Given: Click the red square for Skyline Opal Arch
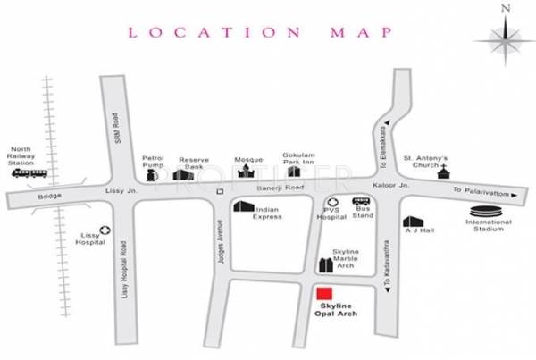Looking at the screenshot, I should (325, 294).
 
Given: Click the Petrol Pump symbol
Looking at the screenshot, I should (151, 174).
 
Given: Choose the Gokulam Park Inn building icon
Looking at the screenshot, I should (295, 170).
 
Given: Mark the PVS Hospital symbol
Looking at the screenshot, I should (333, 205).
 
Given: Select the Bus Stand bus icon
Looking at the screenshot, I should (362, 204).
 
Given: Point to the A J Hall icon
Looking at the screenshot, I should (411, 220).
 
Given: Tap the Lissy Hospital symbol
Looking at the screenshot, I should (105, 230).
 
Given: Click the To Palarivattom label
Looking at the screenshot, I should (482, 189).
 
